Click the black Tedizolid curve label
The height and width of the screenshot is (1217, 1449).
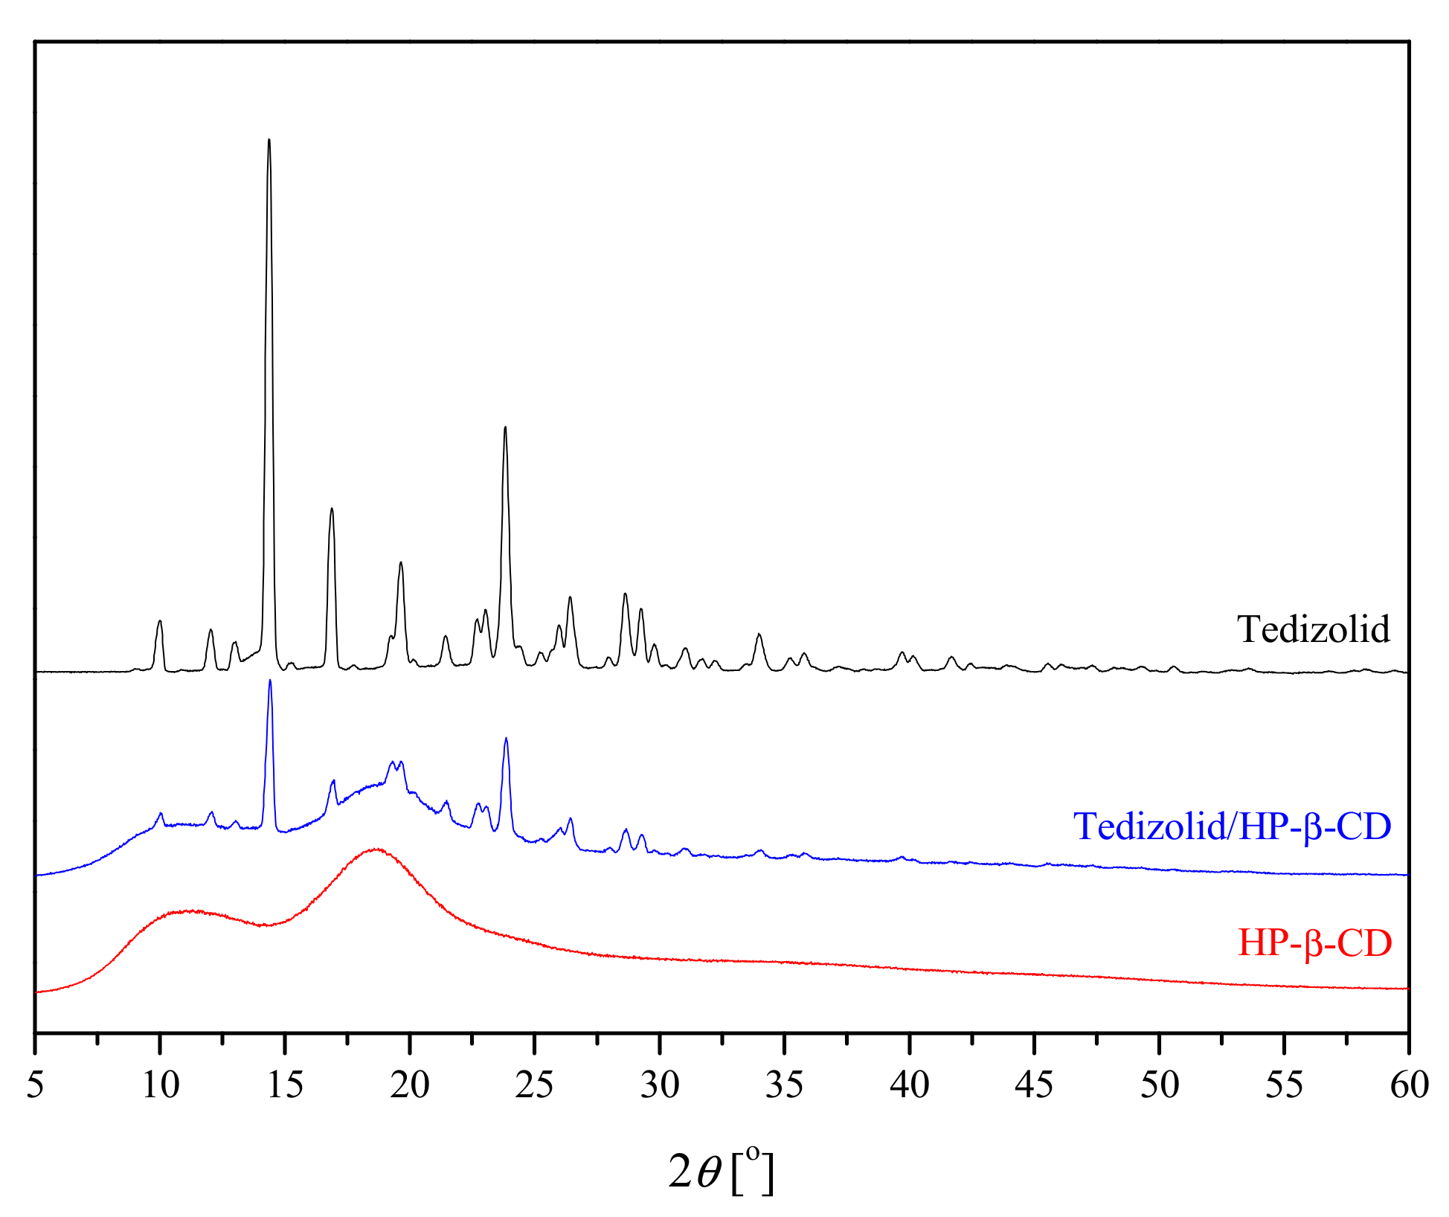[x=1313, y=629]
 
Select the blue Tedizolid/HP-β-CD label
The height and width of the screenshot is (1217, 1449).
[x=1232, y=826]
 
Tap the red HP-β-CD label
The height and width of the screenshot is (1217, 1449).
[x=1314, y=943]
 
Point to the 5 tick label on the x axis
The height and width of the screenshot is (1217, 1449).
[x=35, y=1085]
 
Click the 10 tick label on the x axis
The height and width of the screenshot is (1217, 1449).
[x=160, y=1085]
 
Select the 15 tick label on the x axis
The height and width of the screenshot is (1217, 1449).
[x=285, y=1085]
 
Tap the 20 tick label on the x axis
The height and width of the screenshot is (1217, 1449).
[x=410, y=1085]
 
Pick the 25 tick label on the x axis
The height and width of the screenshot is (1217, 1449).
[x=535, y=1085]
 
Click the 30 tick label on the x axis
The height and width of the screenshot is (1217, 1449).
[x=660, y=1085]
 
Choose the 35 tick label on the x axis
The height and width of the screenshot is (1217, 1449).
[x=785, y=1085]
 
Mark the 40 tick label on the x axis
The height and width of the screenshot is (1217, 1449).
[x=910, y=1085]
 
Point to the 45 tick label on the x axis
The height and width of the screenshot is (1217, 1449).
[x=1035, y=1085]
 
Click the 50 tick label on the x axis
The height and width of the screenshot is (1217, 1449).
[x=1160, y=1085]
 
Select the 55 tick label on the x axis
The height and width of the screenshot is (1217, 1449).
[x=1285, y=1085]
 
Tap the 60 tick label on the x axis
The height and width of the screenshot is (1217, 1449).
[x=1409, y=1085]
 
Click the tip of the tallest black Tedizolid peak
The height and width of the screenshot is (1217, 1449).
[x=269, y=140]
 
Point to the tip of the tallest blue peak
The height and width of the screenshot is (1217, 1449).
[x=270, y=680]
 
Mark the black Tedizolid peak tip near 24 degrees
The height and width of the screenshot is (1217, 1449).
[x=505, y=427]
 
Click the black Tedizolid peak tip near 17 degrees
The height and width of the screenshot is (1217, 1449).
[x=332, y=509]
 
